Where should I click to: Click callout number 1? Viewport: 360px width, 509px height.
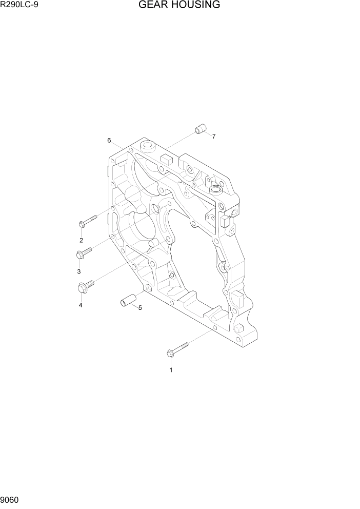click(x=171, y=369)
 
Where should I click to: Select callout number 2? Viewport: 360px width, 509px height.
click(x=81, y=240)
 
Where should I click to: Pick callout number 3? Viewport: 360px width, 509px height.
click(x=79, y=271)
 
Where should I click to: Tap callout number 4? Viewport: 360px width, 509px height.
click(x=81, y=305)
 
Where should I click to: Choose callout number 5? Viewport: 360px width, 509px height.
click(x=140, y=308)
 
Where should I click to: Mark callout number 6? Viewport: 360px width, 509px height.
click(x=109, y=140)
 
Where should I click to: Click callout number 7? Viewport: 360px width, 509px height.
click(x=213, y=136)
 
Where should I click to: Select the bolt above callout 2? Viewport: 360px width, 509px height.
click(x=88, y=221)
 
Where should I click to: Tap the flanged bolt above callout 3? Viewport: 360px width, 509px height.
click(x=84, y=252)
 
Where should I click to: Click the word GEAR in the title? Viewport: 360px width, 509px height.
click(x=152, y=5)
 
